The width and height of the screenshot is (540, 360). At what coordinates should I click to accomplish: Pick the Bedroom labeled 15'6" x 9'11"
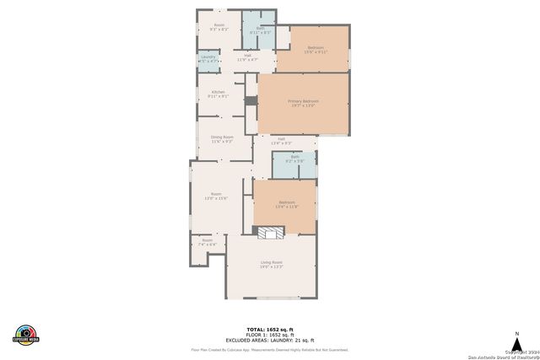coord(316,48)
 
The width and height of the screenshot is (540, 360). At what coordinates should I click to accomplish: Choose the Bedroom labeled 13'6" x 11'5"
coord(287,203)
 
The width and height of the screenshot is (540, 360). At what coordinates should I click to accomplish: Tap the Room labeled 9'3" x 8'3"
coord(219,26)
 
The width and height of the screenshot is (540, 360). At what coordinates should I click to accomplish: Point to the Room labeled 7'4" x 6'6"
coord(207,242)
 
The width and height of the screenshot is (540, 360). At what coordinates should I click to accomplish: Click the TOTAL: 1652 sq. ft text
coord(270,329)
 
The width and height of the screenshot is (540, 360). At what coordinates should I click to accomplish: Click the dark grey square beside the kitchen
coord(250,100)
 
